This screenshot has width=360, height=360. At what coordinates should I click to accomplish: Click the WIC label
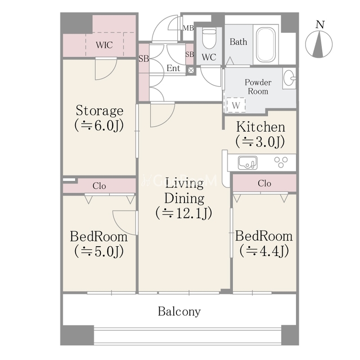point(104,45)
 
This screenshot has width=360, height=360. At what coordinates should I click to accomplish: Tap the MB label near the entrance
point(188,28)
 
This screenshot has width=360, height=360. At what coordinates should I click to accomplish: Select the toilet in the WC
point(209,38)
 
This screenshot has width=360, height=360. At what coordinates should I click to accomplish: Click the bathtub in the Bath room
point(266,45)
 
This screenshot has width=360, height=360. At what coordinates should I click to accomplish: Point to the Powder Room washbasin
point(289,78)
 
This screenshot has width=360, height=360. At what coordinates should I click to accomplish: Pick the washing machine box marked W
point(236,105)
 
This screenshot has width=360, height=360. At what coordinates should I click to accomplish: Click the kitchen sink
point(247,163)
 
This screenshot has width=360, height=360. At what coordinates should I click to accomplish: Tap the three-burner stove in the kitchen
point(281,162)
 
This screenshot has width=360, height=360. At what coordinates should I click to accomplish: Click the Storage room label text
point(99,110)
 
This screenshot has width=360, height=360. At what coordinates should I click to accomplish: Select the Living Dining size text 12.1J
point(184,213)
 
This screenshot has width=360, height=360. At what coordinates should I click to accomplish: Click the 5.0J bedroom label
point(99,244)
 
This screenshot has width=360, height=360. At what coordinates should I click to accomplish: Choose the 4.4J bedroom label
point(264,243)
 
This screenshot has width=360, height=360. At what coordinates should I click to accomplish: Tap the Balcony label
point(179,311)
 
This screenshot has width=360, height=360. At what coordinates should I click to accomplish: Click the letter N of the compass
point(320,24)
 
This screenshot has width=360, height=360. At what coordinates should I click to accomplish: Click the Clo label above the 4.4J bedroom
point(264,183)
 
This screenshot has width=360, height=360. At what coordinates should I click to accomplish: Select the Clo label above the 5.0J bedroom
point(99,186)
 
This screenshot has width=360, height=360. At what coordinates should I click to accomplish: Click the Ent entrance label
point(173,68)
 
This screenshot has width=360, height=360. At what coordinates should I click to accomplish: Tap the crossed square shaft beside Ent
point(191,70)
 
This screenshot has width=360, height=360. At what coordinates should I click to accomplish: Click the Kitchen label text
point(261,127)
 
